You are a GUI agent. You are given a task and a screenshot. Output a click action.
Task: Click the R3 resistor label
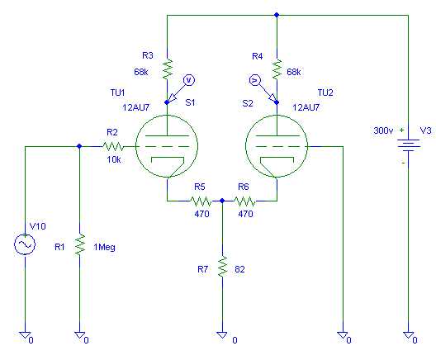[147, 55]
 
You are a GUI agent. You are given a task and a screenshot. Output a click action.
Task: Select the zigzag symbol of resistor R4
[277, 69]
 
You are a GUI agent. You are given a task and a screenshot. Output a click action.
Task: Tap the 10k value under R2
[114, 159]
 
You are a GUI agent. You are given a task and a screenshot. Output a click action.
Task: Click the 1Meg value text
[104, 247]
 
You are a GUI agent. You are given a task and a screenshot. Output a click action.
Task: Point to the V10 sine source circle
[25, 244]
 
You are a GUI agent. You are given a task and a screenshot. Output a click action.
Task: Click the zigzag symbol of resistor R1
[80, 244]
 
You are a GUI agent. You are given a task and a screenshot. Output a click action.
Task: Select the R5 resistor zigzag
[201, 201]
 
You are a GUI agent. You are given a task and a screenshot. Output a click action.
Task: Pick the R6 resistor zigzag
[244, 201]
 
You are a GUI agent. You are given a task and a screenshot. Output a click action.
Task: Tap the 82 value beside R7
[239, 269]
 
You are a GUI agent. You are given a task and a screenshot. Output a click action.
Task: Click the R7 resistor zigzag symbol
[222, 267]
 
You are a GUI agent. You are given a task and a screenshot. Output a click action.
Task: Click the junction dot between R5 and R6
[222, 201]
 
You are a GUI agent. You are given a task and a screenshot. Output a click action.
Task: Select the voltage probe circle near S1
[189, 80]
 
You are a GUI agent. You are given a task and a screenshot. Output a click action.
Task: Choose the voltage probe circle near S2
[254, 80]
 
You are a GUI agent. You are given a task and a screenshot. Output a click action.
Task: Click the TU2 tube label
[325, 92]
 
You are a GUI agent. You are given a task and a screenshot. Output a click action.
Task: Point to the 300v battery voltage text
[383, 130]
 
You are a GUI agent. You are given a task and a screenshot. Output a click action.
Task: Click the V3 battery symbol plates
[409, 144]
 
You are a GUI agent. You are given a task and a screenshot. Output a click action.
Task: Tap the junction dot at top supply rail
[277, 15]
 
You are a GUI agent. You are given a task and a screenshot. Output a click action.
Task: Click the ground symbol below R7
[222, 334]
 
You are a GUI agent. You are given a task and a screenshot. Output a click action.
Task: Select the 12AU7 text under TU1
[136, 107]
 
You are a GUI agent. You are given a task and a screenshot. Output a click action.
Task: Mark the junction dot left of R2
[79, 146]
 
